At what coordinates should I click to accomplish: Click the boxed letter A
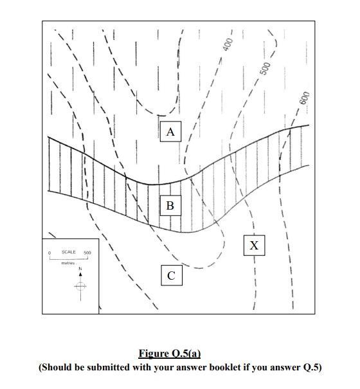[x=170, y=131]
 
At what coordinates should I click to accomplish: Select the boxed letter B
[x=170, y=205]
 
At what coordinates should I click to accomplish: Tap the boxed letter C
[x=172, y=275]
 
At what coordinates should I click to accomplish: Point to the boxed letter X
[x=254, y=246]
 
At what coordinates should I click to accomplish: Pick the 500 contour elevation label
[x=264, y=68]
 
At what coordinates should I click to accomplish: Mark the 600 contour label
[x=305, y=98]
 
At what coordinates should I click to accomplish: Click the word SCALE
[x=69, y=252]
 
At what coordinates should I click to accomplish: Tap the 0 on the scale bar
[x=50, y=253]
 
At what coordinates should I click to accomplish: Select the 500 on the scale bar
[x=87, y=253]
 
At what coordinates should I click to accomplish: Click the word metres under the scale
[x=68, y=263]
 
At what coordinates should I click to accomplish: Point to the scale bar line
[x=69, y=259]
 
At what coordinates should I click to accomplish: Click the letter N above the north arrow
[x=80, y=269]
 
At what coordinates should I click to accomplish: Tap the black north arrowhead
[x=80, y=274]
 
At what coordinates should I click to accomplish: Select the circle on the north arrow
[x=80, y=286]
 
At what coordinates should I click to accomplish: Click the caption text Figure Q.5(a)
[x=170, y=353]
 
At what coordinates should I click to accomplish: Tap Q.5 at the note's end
[x=312, y=367]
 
